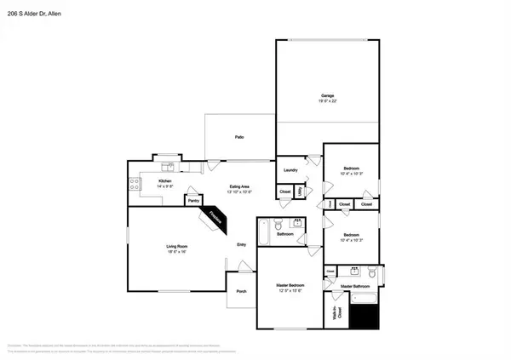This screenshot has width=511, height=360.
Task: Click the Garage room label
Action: [327, 95]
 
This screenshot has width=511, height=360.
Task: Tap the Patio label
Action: [240, 137]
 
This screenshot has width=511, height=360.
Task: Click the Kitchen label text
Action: [166, 181]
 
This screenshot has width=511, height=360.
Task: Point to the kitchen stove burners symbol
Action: [134, 182]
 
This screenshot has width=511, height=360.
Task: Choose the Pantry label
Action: [181, 201]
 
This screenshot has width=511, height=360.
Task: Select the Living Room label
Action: [176, 247]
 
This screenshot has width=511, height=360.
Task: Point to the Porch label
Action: [241, 289]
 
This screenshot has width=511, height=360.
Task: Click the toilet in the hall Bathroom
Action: [297, 225]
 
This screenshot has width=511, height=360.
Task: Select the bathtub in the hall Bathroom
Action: [263, 231]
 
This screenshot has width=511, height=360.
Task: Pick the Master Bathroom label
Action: [358, 288]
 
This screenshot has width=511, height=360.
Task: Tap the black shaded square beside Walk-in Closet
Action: [365, 317]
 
